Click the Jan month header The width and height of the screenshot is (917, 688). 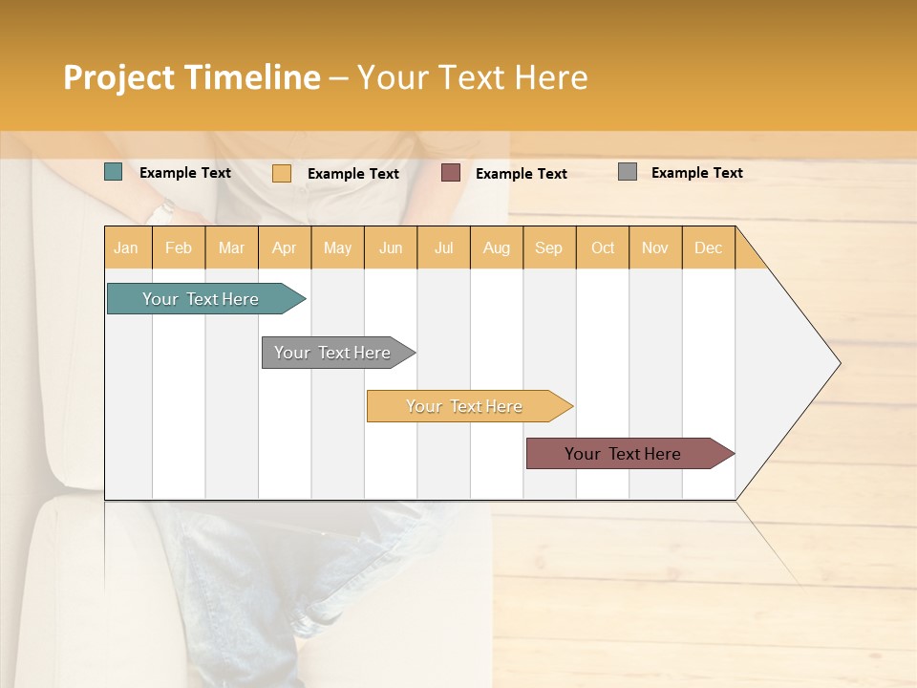point(126,248)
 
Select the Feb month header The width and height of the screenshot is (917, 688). point(179,248)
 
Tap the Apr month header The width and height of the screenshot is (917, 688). point(285,248)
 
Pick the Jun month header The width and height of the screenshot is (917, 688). point(391,248)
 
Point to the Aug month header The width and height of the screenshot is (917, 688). point(497,248)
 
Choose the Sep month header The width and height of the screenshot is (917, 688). point(549,248)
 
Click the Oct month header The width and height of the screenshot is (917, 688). point(603,248)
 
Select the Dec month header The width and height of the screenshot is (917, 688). point(709,248)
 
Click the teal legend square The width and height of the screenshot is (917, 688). point(114,172)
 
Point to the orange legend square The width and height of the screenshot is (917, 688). point(282,173)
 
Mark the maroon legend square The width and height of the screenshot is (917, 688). point(451,173)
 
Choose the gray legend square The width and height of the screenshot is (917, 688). point(628,172)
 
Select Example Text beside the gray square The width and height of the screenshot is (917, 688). point(696,173)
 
